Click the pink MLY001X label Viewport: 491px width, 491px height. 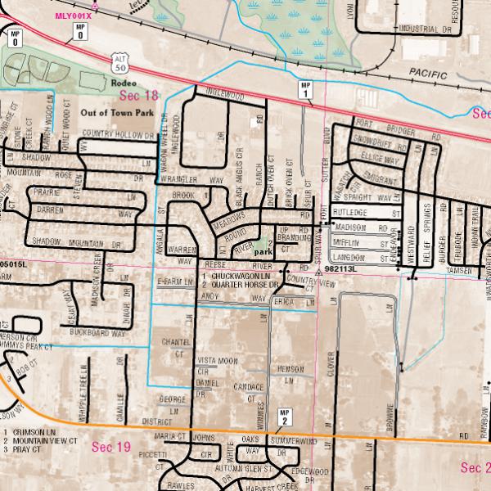click(x=73, y=16)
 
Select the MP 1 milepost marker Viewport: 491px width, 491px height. click(x=305, y=90)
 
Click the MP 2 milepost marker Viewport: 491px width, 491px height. click(x=284, y=417)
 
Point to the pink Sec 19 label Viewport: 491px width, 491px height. click(x=110, y=447)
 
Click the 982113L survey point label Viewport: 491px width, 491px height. click(x=342, y=268)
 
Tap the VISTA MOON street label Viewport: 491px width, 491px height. click(x=218, y=361)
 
